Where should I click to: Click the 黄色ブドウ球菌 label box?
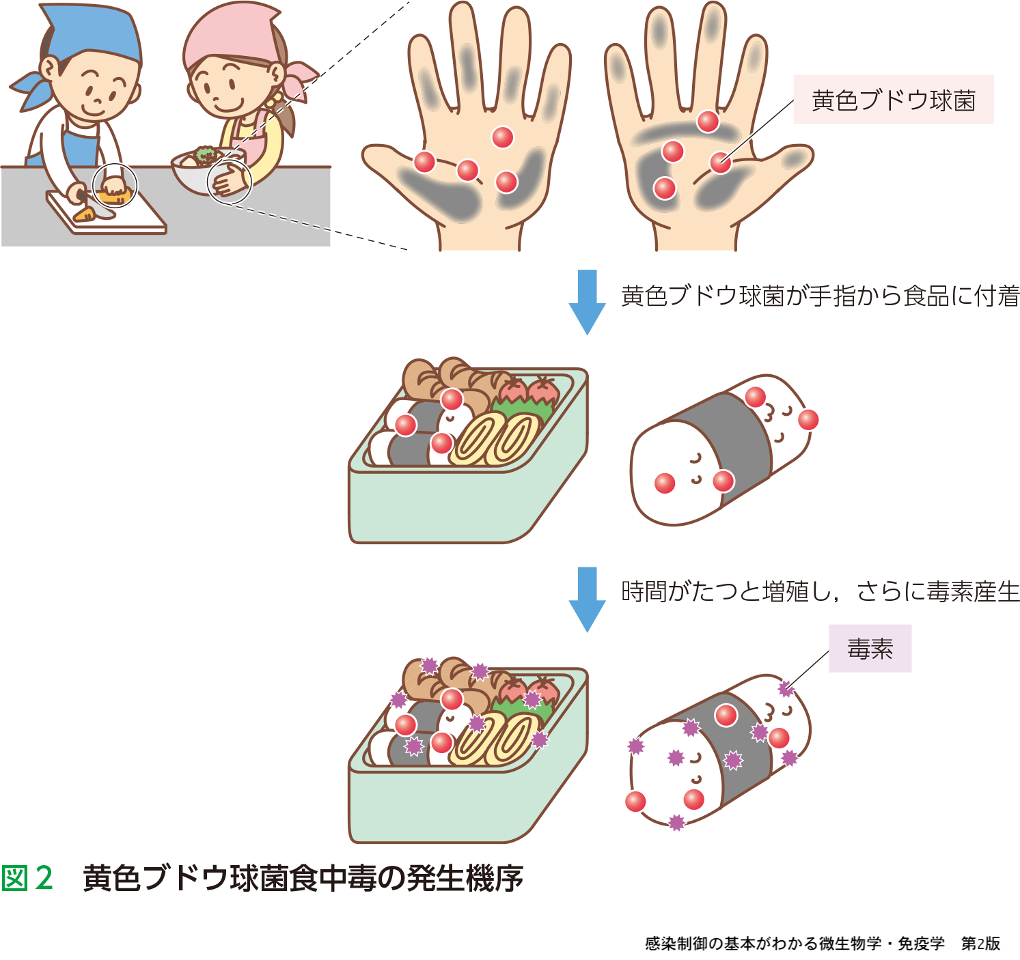pyautogui.click(x=893, y=100)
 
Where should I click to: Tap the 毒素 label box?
pyautogui.click(x=870, y=649)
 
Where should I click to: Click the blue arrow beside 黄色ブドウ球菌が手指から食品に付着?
pyautogui.click(x=587, y=302)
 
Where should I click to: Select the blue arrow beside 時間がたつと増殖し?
pyautogui.click(x=587, y=599)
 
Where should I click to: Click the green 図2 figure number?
pyautogui.click(x=27, y=878)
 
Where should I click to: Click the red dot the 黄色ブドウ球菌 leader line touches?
pyautogui.click(x=721, y=163)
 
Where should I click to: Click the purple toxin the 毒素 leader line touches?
pyautogui.click(x=786, y=689)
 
